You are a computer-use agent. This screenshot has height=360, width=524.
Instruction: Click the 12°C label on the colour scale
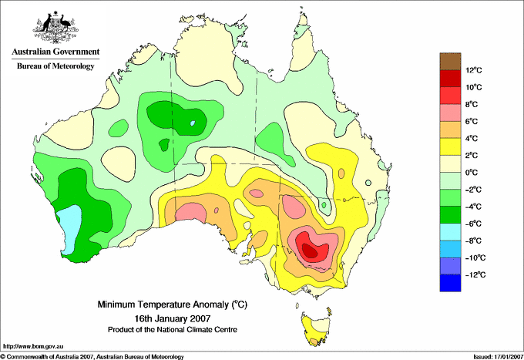pyautogui.click(x=474, y=70)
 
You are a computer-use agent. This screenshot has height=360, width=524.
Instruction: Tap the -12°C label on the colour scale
pyautogui.click(x=475, y=274)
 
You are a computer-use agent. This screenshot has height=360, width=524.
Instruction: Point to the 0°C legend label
pyautogui.click(x=472, y=173)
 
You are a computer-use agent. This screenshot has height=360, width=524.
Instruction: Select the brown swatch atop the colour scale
pyautogui.click(x=450, y=61)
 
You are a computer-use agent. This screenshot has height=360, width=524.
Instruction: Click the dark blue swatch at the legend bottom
pyautogui.click(x=450, y=283)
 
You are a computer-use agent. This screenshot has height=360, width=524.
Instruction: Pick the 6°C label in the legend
pyautogui.click(x=472, y=121)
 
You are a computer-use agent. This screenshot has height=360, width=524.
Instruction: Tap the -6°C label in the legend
pyautogui.click(x=473, y=224)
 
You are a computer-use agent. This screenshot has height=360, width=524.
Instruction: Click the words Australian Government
pyautogui.click(x=55, y=52)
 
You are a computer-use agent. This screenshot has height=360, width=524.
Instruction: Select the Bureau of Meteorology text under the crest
pyautogui.click(x=55, y=66)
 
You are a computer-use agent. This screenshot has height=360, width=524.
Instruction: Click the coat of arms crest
pyautogui.click(x=55, y=28)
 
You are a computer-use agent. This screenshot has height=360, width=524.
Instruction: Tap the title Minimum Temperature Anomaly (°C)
pyautogui.click(x=173, y=304)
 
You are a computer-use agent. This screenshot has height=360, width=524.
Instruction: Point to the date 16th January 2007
pyautogui.click(x=173, y=318)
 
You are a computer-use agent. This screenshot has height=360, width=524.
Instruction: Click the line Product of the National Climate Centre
pyautogui.click(x=173, y=330)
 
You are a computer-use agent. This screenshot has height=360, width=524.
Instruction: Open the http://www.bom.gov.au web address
pyautogui.click(x=33, y=347)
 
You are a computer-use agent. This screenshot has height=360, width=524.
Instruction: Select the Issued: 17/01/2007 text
pyautogui.click(x=498, y=357)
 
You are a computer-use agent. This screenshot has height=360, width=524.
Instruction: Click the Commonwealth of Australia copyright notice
pyautogui.click(x=92, y=357)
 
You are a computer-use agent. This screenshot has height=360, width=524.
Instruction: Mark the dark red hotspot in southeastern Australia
pyautogui.click(x=311, y=251)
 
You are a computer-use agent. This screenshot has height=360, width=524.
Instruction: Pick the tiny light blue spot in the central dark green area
pyautogui.click(x=192, y=123)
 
